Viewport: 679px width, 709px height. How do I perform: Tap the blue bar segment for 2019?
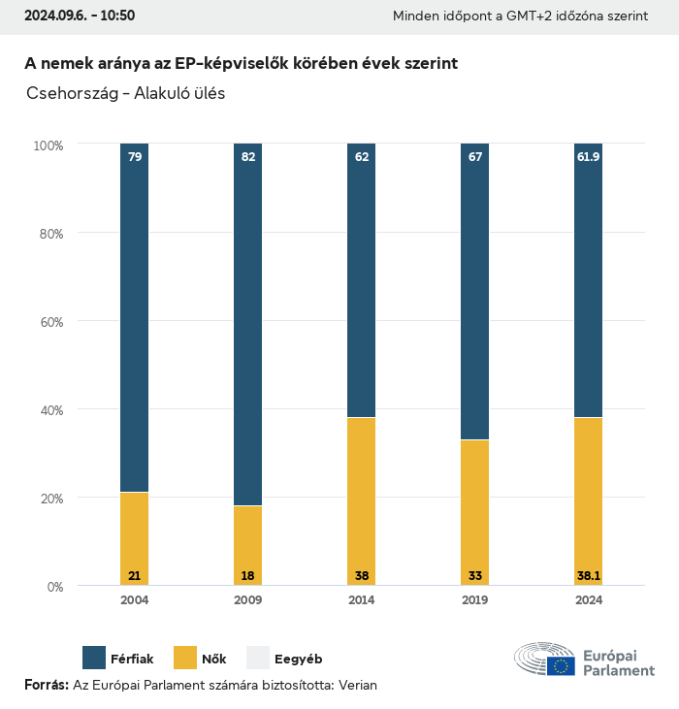pos(474,291)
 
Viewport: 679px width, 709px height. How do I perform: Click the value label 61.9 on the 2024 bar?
pos(588,156)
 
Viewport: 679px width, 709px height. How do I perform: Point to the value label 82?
pos(247,156)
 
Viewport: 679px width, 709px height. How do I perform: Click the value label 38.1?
pos(588,576)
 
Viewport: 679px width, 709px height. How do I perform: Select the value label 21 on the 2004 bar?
pos(135,576)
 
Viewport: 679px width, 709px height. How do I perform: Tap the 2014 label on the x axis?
pos(361,600)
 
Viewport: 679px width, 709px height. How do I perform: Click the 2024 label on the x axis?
pos(588,600)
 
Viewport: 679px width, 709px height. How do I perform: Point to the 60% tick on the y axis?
pos(48,322)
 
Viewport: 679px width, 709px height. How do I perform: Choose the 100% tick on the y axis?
pos(47,145)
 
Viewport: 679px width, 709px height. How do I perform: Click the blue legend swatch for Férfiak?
pos(94,658)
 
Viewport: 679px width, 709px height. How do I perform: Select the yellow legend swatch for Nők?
pos(184,658)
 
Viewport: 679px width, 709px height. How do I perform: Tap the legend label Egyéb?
pos(298,659)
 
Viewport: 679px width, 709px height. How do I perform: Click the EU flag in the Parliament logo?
pos(560,665)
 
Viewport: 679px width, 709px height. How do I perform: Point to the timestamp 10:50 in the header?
pos(116,16)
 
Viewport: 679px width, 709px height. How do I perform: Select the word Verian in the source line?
pos(355,686)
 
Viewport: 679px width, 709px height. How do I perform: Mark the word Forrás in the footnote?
pos(46,686)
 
